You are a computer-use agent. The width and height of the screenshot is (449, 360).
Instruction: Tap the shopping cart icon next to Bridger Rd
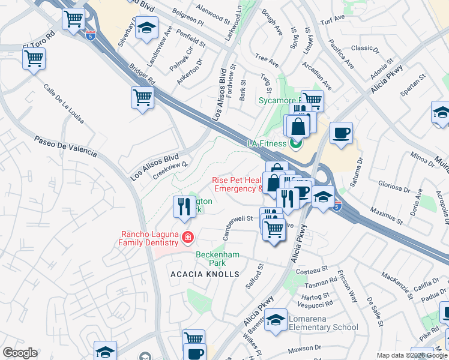tap(142, 97)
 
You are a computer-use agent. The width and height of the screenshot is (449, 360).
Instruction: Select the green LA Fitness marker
tap(295, 143)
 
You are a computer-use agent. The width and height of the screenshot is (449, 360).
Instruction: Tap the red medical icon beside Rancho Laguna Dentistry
tap(188, 238)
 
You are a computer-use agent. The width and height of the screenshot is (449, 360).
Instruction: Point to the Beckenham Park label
tap(217, 259)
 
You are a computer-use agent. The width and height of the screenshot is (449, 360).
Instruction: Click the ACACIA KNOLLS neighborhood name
tap(205, 274)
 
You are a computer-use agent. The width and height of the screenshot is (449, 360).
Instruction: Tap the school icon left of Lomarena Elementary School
tap(276, 319)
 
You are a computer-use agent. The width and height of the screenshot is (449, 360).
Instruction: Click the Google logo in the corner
tap(20, 353)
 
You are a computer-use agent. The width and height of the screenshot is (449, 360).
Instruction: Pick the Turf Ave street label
tap(333, 19)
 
